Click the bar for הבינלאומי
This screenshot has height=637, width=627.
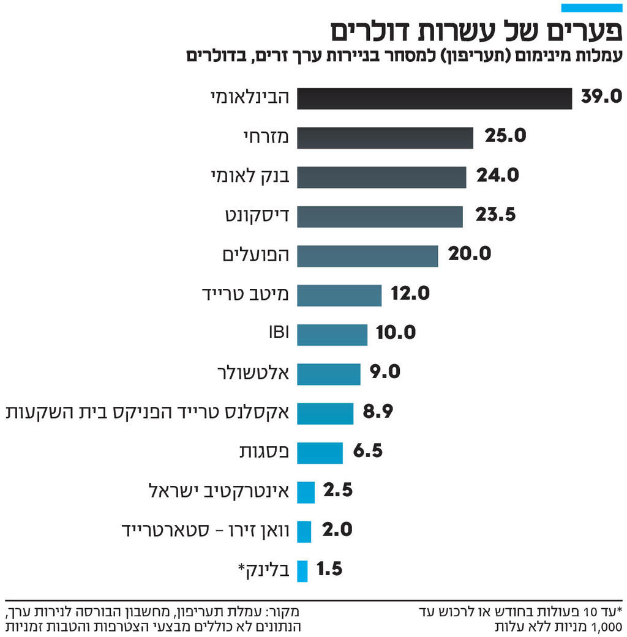pyautogui.click(x=434, y=99)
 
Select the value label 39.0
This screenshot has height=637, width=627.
pyautogui.click(x=601, y=97)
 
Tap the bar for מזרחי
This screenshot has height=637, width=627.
pyautogui.click(x=385, y=138)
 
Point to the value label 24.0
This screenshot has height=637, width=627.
pyautogui.click(x=498, y=176)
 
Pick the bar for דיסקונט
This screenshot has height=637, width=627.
pyautogui.click(x=380, y=217)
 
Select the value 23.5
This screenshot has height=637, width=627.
pyautogui.click(x=495, y=215)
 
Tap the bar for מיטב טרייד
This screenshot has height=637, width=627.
pyautogui.click(x=339, y=295)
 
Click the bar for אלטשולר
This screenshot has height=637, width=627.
pyautogui.click(x=329, y=374)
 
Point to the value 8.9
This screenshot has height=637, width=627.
pyautogui.click(x=378, y=412)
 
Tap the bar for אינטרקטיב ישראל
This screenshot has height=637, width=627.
pyautogui.click(x=306, y=492)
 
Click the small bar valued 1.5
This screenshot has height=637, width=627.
pyautogui.click(x=302, y=570)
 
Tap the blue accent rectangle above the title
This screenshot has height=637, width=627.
pyautogui.click(x=591, y=8)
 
